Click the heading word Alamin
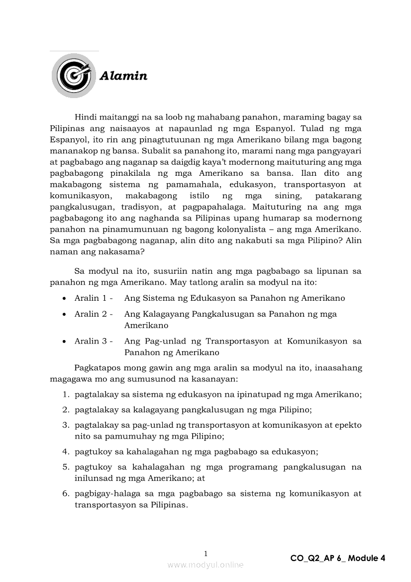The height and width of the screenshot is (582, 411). pos(123,76)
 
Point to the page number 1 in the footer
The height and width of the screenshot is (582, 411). pos(205,553)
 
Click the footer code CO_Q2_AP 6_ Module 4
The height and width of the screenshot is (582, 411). pos(338,558)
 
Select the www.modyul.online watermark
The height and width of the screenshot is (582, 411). pos(205,565)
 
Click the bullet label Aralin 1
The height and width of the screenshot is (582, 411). pos(93,298)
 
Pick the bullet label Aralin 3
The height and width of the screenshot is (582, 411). pos(93,341)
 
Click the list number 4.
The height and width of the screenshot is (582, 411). pos(65,452)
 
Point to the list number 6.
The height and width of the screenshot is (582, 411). pos(65,493)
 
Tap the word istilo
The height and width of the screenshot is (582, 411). pos(200,196)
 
